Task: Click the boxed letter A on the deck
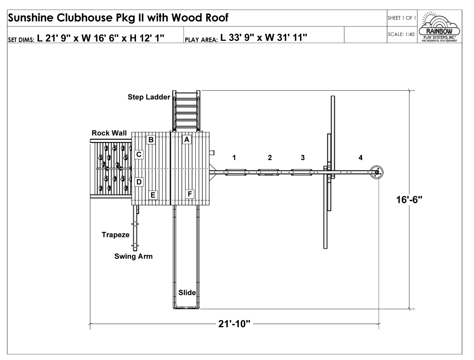[x=186, y=139]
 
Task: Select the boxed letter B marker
[x=151, y=140]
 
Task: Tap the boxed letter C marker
[x=139, y=154]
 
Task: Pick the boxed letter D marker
[x=139, y=182]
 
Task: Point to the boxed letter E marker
[x=153, y=195]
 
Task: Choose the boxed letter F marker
[x=190, y=194]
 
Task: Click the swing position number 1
[x=234, y=158]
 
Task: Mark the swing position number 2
[x=270, y=158]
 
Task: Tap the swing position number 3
[x=303, y=158]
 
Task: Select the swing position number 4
[x=360, y=158]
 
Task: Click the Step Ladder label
[x=149, y=97]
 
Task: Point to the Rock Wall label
[x=109, y=133]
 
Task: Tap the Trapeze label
[x=116, y=235]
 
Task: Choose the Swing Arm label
[x=133, y=256]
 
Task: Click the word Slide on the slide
[x=187, y=293]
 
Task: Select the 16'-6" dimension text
[x=409, y=200]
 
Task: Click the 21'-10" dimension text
[x=234, y=324]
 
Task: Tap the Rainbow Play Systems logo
[x=439, y=27]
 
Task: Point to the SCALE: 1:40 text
[x=401, y=34]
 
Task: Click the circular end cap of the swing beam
[x=376, y=172]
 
